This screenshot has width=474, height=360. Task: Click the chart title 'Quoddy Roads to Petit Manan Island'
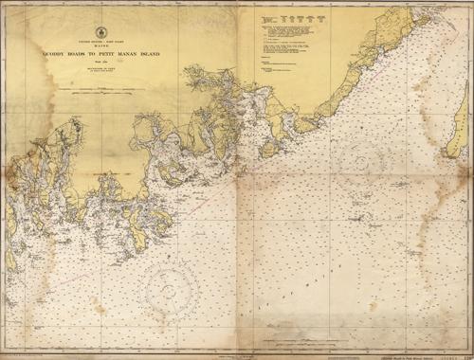pos(100,55)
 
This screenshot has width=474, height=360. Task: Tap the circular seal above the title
pos(100,33)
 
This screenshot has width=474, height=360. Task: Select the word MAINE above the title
pos(100,47)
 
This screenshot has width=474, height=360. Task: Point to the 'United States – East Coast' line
pos(100,44)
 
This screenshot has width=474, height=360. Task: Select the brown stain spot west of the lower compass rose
pos(100,308)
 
